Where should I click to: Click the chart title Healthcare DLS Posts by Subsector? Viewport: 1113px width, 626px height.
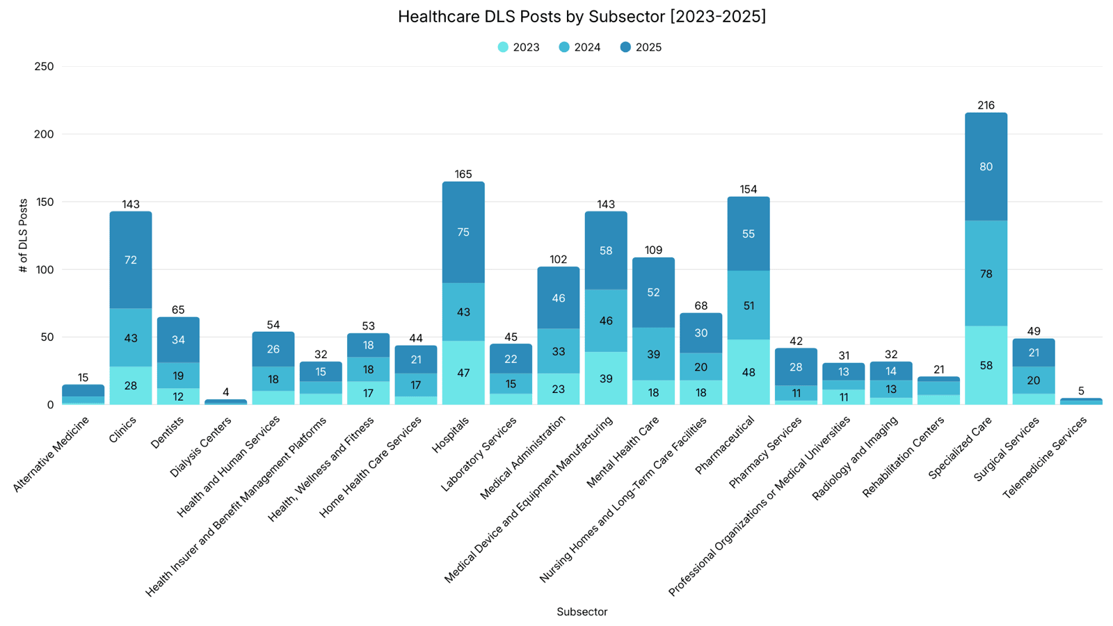tap(582, 17)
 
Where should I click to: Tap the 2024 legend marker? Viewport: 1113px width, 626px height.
tap(564, 47)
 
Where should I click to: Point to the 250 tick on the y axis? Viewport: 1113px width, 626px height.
tap(44, 67)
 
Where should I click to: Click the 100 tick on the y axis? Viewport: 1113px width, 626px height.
tap(44, 270)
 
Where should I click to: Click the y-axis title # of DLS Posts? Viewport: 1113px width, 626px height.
tap(24, 235)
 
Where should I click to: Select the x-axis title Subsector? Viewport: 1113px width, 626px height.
tap(582, 612)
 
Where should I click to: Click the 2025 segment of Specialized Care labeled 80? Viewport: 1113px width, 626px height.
tap(986, 167)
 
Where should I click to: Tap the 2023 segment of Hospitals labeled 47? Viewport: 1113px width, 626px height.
tap(463, 373)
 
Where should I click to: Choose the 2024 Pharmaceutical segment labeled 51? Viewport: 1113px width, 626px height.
tap(748, 306)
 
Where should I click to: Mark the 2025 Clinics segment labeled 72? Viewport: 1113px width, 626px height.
tap(131, 260)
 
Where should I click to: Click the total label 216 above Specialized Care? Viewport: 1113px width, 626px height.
tap(986, 106)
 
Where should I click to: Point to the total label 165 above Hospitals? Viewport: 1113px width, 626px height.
tap(463, 175)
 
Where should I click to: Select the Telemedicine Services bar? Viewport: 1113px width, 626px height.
tap(1081, 401)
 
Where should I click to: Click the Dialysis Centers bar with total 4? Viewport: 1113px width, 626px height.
tap(225, 402)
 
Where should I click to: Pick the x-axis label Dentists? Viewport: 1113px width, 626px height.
tap(167, 431)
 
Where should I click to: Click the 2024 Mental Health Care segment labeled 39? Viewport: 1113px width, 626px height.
tap(653, 354)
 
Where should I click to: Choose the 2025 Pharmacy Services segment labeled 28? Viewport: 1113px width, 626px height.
tap(796, 367)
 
